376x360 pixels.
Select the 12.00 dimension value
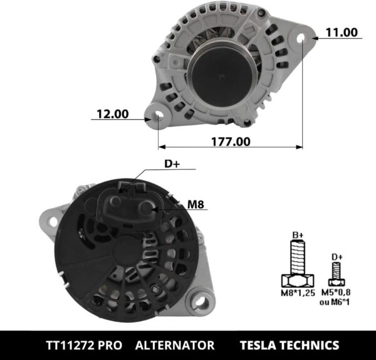[112, 114]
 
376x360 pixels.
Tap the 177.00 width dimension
[231, 142]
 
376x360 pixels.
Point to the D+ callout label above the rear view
[172, 164]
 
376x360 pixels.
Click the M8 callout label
[197, 204]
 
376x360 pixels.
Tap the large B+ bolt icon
[298, 263]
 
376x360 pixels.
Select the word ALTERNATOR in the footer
[175, 346]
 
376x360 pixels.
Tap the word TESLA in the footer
[260, 346]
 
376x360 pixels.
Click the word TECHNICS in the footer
[311, 346]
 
